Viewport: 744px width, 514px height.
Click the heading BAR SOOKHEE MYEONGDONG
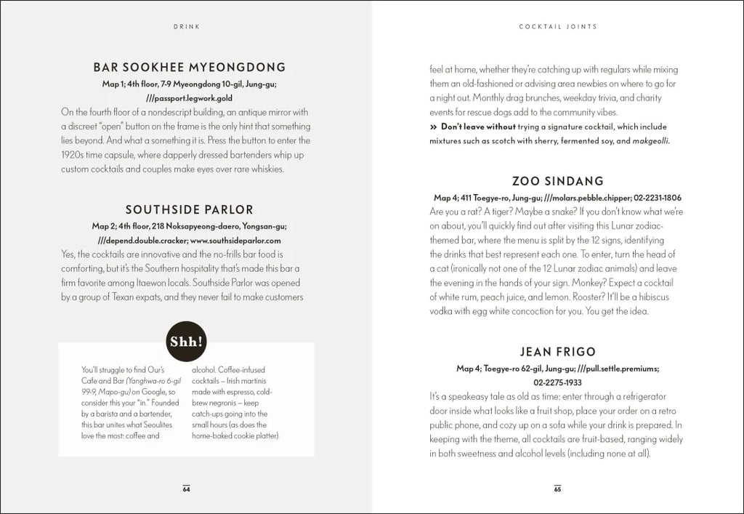click(x=189, y=68)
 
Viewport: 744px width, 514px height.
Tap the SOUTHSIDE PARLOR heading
click(x=189, y=210)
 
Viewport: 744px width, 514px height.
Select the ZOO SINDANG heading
click(x=557, y=181)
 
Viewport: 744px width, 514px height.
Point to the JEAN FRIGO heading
click(x=557, y=353)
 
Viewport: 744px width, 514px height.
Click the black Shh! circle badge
click(x=186, y=342)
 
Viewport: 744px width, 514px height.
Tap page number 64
click(x=186, y=489)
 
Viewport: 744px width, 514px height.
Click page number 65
click(x=557, y=489)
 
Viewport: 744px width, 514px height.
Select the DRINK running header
click(x=186, y=26)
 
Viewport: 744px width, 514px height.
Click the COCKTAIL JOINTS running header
click(x=557, y=26)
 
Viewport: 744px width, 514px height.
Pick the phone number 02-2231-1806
click(x=657, y=198)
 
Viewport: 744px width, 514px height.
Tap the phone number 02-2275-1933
click(x=557, y=382)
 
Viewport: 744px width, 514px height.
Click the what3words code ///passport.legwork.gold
click(x=189, y=97)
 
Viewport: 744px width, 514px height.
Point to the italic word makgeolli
click(x=651, y=141)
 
